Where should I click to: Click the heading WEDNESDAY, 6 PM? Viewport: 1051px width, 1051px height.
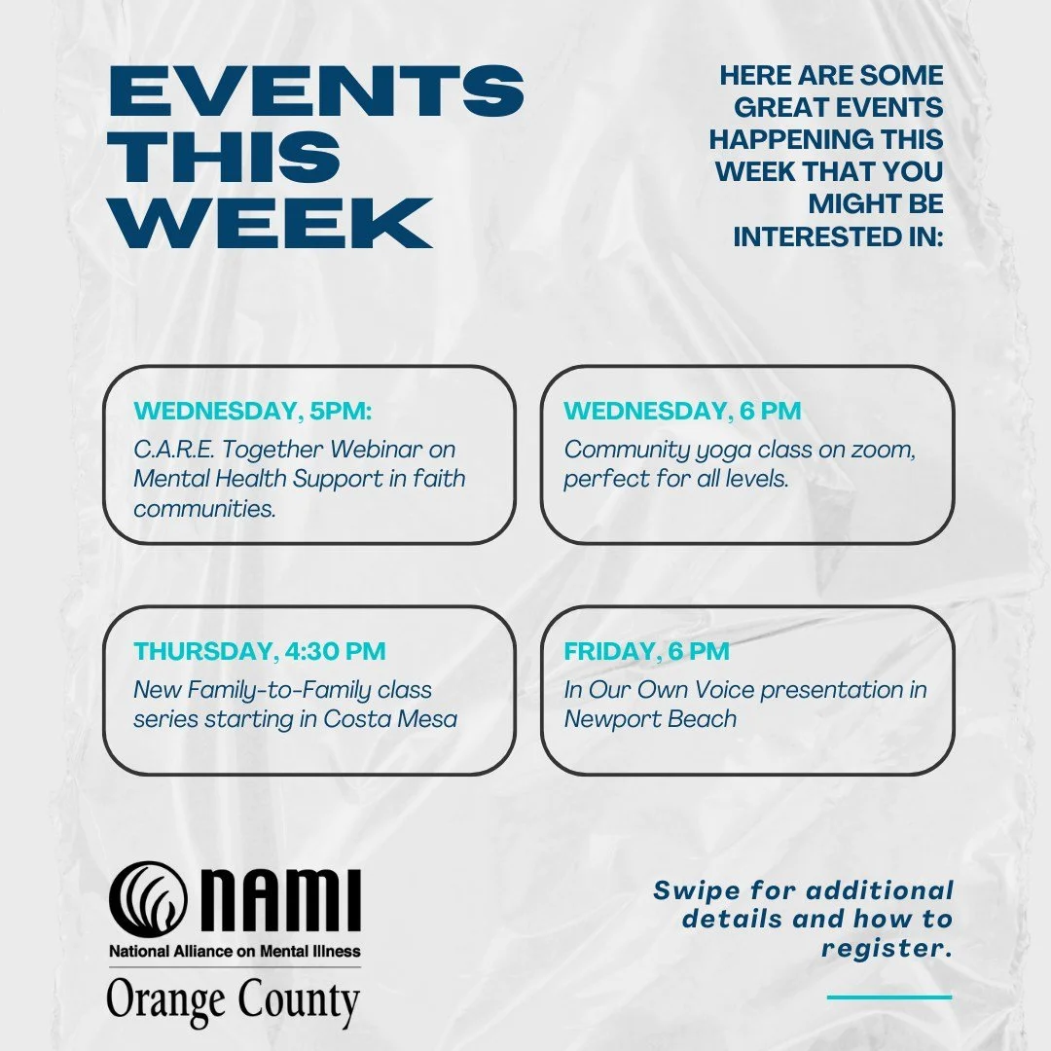[x=682, y=412]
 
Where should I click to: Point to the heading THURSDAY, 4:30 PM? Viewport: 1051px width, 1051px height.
[x=260, y=651]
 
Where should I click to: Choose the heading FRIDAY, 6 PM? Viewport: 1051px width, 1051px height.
[x=646, y=651]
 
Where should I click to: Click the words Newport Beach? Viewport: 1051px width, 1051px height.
[x=650, y=719]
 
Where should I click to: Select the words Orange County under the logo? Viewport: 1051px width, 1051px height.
[x=234, y=1001]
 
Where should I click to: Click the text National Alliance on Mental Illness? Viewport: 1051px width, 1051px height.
[x=234, y=951]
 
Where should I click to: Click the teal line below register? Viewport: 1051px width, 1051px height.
[x=889, y=997]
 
